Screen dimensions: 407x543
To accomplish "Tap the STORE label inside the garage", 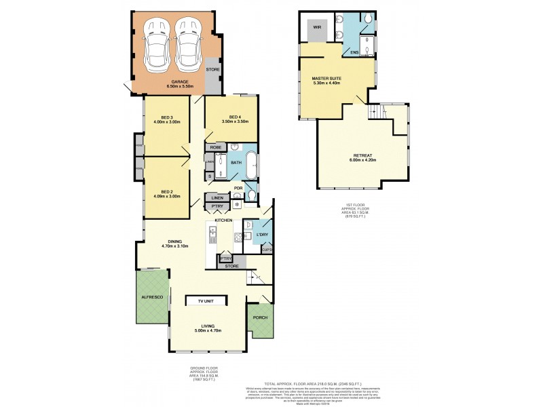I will [x=212, y=69].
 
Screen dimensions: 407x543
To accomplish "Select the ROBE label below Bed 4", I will [x=216, y=147].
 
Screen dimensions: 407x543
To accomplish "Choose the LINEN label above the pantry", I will [x=217, y=197].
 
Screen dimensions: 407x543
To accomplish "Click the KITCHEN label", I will [x=224, y=221].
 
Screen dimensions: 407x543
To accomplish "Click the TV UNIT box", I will [x=206, y=301].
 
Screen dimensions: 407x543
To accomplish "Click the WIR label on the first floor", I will [x=316, y=28].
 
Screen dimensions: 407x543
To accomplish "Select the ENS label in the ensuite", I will [x=354, y=52].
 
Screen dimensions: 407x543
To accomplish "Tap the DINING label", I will [x=174, y=241].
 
